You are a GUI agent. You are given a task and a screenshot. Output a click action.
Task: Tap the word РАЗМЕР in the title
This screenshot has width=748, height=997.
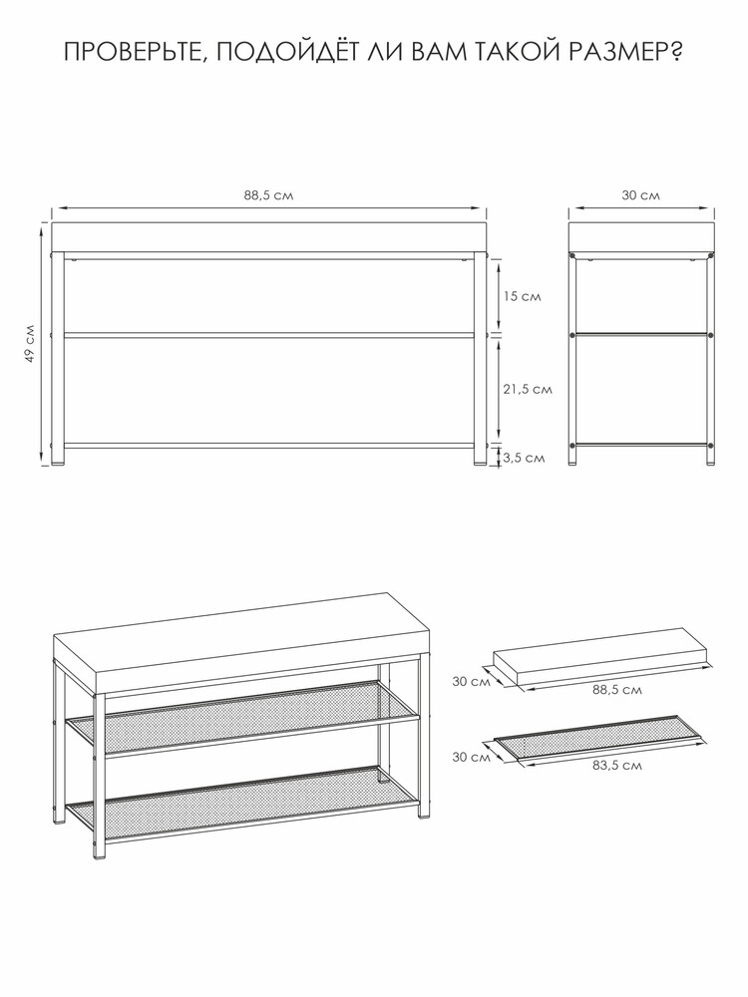[x=614, y=52]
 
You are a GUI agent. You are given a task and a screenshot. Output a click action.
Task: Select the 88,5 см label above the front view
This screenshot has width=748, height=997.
[x=267, y=195]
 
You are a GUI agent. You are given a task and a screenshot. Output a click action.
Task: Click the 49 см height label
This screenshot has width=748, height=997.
[x=29, y=344]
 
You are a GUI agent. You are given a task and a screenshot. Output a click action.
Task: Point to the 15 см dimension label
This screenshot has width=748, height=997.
[x=523, y=296]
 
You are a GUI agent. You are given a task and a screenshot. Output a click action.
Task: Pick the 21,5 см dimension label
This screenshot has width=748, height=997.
[x=528, y=389]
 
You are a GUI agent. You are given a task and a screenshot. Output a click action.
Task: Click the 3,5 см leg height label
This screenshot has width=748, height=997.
[x=525, y=458]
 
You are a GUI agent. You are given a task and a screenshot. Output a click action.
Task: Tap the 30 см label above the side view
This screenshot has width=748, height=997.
[x=640, y=195]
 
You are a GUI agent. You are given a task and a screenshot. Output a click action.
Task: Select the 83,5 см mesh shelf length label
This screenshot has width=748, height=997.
[x=617, y=766]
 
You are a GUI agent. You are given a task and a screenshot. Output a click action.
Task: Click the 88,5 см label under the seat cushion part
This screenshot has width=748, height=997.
[x=617, y=690]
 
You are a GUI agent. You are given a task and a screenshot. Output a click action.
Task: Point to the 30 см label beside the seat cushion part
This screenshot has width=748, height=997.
[x=472, y=682]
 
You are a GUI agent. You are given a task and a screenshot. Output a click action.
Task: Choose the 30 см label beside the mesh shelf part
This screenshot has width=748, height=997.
[x=472, y=757]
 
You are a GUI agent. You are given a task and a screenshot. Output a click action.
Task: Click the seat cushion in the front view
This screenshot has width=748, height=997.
[x=268, y=237]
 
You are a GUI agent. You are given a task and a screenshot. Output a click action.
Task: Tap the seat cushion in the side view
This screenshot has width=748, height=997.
[x=641, y=237]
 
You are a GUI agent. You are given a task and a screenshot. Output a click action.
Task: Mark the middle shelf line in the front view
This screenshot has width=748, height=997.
[x=268, y=334]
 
